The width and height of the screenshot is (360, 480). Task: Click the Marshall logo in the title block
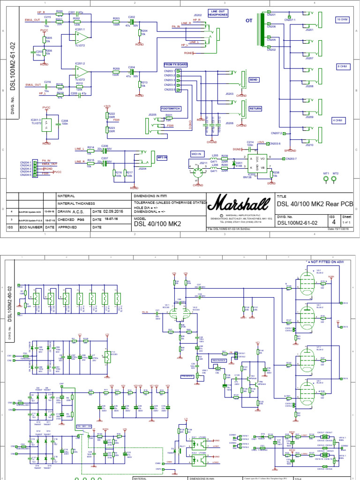(240, 204)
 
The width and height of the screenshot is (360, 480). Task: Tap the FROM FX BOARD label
(176, 64)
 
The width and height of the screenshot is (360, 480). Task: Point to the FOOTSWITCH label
(171, 108)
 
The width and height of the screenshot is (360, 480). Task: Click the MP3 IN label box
(162, 157)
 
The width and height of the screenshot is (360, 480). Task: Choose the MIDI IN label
(196, 154)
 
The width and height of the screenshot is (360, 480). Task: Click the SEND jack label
(254, 80)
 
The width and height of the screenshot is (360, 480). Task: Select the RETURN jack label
(255, 108)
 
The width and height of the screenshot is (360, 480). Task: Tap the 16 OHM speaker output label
(341, 19)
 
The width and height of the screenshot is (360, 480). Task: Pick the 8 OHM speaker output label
(341, 67)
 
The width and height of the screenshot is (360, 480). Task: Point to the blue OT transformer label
(249, 21)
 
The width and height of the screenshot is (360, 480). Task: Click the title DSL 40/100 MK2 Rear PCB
(315, 203)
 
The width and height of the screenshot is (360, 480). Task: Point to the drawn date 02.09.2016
(112, 212)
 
